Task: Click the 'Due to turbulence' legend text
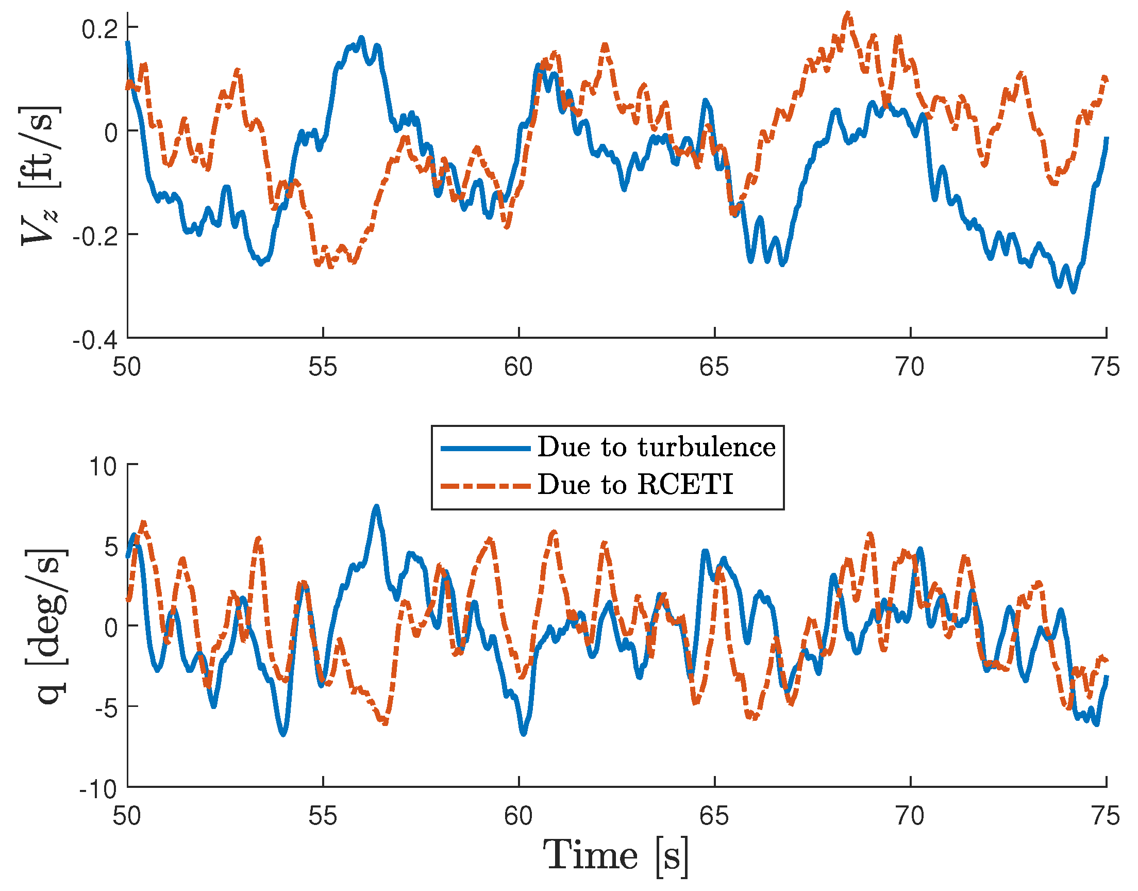[x=656, y=448]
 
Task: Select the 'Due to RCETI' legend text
[x=635, y=485]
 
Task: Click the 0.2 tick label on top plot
[x=99, y=29]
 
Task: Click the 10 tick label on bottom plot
[x=103, y=466]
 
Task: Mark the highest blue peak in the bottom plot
[x=376, y=506]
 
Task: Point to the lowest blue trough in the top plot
[x=1073, y=291]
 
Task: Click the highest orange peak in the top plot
[x=848, y=14]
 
